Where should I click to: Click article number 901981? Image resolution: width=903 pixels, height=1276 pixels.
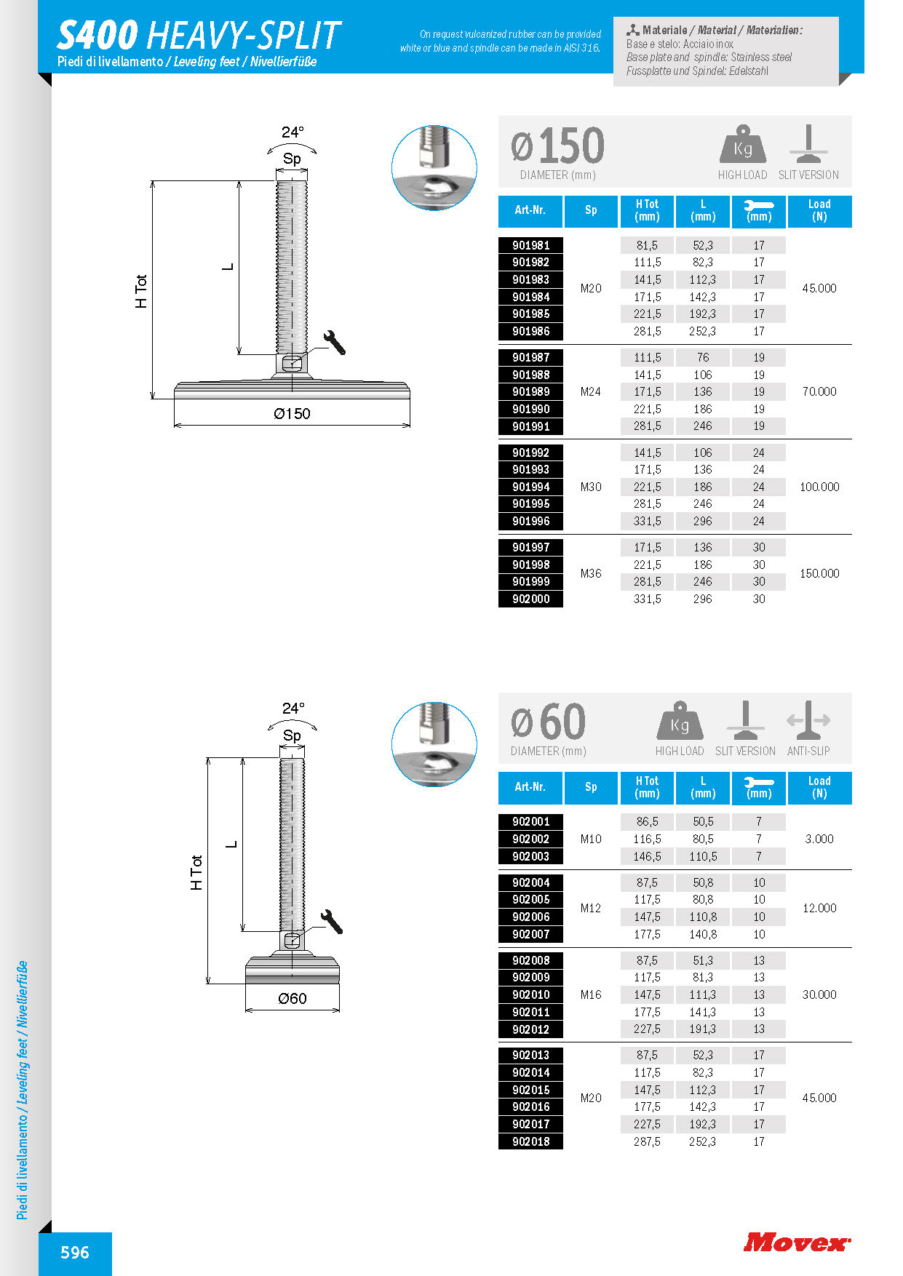coord(530,245)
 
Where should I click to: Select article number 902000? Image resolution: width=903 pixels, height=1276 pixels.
coord(530,599)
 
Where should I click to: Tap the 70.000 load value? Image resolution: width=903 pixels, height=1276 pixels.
coord(819,391)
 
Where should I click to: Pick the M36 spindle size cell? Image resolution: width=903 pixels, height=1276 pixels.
coord(590,573)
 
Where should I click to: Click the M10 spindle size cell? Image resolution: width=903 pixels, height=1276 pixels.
coord(590,839)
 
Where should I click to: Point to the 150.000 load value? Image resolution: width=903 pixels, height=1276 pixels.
coord(819,573)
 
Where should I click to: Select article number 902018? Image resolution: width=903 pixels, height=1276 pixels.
coord(530,1141)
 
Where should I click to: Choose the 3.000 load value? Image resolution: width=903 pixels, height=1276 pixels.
coord(819,839)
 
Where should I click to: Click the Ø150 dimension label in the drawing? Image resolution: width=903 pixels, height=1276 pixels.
coord(292,414)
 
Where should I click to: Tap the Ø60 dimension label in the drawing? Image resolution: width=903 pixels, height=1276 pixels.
coord(292,999)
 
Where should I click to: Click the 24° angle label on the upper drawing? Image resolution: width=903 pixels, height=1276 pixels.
coord(293,132)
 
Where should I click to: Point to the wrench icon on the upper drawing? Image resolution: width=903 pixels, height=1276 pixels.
coord(334,342)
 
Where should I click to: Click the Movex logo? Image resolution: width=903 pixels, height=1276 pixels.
coord(796,1242)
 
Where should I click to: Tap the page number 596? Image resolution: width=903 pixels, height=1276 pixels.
coord(75,1253)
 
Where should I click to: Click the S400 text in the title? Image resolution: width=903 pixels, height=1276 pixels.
coord(98,35)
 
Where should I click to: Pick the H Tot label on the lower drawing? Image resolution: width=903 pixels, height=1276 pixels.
coord(196,872)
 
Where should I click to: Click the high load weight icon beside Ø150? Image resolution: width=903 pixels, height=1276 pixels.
coord(742,145)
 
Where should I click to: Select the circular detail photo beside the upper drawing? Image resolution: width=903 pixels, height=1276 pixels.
coord(434,168)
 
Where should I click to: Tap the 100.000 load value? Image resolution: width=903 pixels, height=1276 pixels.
coord(819,487)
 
